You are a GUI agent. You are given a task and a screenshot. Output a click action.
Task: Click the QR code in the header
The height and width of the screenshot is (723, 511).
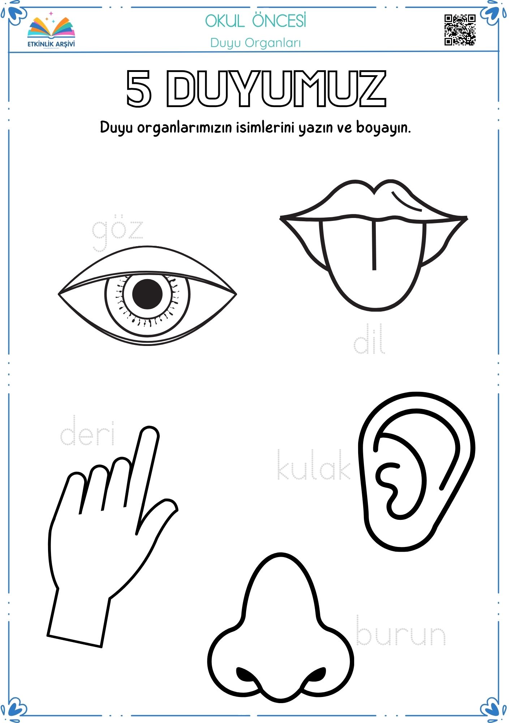point(460,30)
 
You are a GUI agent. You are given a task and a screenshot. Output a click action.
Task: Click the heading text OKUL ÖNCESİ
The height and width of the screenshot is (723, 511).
point(255,21)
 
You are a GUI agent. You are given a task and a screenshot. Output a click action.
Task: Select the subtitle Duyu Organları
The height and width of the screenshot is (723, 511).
point(255,43)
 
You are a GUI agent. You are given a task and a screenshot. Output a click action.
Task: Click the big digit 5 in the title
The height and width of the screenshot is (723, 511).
point(138,89)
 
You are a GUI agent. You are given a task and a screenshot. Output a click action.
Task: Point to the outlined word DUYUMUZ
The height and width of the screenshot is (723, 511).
point(276,89)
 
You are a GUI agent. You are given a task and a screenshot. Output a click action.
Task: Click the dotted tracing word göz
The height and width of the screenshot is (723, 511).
point(117,234)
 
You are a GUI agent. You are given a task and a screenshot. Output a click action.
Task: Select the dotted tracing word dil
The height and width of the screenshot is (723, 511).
point(369,339)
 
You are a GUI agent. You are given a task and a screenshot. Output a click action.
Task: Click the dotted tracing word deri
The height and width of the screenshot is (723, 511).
point(87,431)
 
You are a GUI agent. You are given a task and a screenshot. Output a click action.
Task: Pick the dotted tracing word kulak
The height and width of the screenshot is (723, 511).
point(313,465)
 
